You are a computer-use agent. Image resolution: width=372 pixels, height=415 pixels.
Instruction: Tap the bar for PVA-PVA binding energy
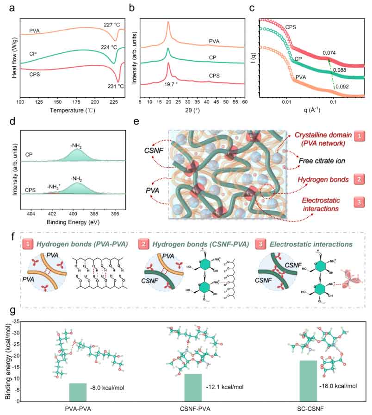78,392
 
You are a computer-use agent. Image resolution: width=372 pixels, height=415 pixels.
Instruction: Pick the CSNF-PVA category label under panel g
192,409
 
